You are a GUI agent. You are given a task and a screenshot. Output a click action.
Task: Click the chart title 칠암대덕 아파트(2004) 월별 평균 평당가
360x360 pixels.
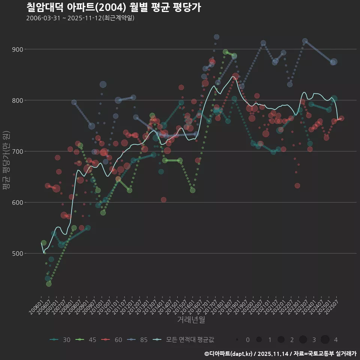114,7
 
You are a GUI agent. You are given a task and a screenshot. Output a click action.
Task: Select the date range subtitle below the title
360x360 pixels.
80,18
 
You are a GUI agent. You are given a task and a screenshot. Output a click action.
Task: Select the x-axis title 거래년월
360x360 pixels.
191,320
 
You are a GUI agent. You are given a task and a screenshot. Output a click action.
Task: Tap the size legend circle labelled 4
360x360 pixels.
325,340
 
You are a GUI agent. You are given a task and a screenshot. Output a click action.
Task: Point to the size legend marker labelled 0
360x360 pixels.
237,340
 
